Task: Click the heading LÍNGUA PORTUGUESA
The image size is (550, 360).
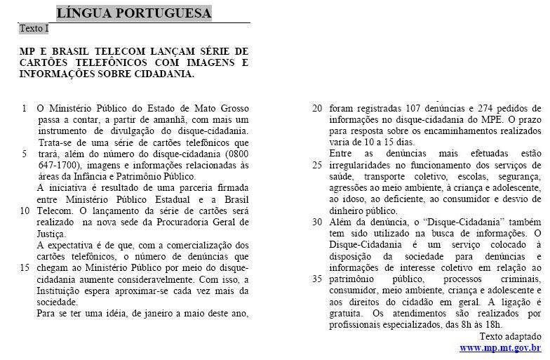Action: coord(133,13)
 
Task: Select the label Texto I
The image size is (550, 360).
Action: coord(34,29)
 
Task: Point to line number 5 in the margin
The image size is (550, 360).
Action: coord(25,154)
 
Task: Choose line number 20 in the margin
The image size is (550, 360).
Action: coord(317,108)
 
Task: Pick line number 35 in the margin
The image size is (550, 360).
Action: coord(317,279)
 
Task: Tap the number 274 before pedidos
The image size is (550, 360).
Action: coord(465,108)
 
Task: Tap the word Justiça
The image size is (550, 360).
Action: coord(51,234)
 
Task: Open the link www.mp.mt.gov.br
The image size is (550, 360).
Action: coord(500,347)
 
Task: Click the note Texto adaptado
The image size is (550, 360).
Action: coord(511,336)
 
